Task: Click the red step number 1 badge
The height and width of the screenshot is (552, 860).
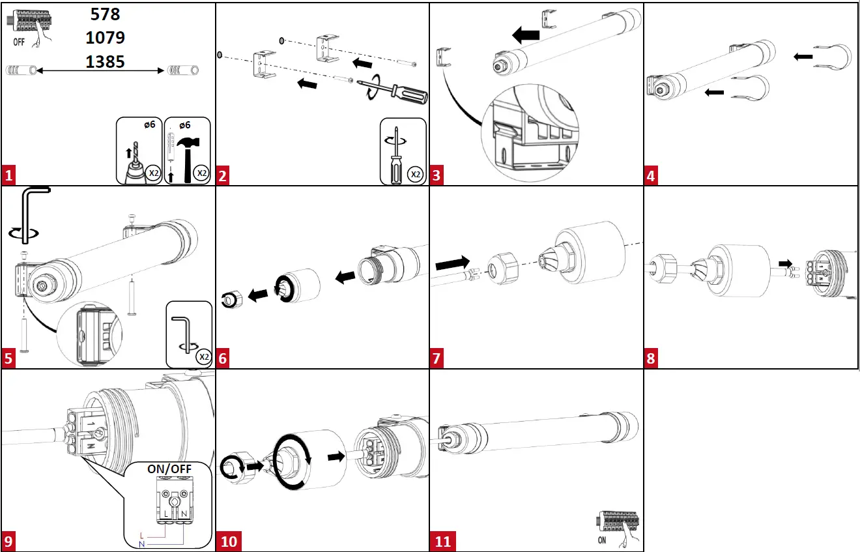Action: [8, 175]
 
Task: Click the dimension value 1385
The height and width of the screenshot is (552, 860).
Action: [105, 62]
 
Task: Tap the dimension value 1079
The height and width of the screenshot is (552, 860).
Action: [105, 38]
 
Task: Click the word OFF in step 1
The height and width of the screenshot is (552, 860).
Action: [20, 42]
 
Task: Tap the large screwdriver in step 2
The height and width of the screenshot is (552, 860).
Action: [398, 93]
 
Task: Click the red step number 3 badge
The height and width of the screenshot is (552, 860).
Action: [437, 175]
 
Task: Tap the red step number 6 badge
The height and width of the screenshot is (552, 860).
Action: [223, 358]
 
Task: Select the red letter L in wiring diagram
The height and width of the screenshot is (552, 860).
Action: [142, 535]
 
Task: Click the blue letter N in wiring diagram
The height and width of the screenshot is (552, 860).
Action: [142, 543]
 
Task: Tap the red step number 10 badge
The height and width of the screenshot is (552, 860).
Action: [229, 542]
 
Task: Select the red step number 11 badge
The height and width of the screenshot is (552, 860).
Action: [442, 542]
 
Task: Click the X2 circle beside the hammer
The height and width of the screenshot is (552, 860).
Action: [201, 173]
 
